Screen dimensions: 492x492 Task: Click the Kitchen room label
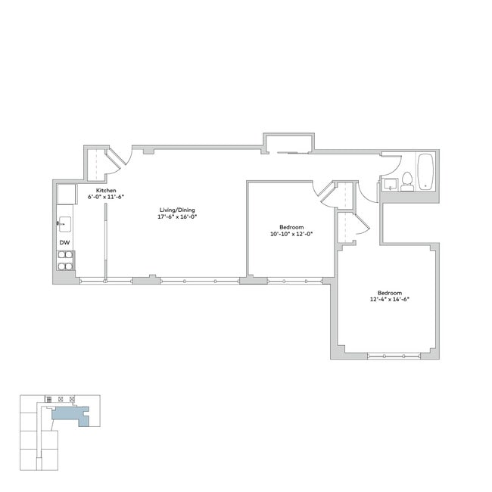point(106,189)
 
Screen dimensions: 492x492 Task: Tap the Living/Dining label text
point(177,210)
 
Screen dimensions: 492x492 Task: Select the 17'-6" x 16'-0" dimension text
point(177,216)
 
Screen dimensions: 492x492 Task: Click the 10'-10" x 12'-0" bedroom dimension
point(291,234)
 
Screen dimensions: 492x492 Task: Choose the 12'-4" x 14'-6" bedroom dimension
point(389,300)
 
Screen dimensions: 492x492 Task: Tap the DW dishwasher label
point(65,242)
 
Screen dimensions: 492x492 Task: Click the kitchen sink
point(65,223)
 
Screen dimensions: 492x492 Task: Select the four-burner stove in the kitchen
point(66,260)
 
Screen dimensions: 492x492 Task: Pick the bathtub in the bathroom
point(425,172)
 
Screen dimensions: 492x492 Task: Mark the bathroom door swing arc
point(371,189)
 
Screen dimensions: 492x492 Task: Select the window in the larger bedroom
point(394,356)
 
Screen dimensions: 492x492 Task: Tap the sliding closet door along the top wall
point(291,153)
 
